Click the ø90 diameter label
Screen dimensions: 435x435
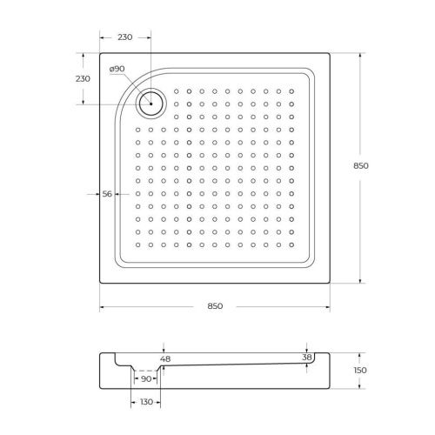[x=117, y=69]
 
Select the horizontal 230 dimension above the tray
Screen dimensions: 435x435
[x=124, y=37]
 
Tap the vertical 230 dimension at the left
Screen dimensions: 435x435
[x=84, y=78]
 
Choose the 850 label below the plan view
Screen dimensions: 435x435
[x=215, y=305]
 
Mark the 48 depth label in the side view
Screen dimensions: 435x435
[x=164, y=358]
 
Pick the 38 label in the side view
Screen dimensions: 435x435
[x=305, y=358]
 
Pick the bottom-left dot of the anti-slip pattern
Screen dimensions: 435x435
[x=137, y=244]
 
